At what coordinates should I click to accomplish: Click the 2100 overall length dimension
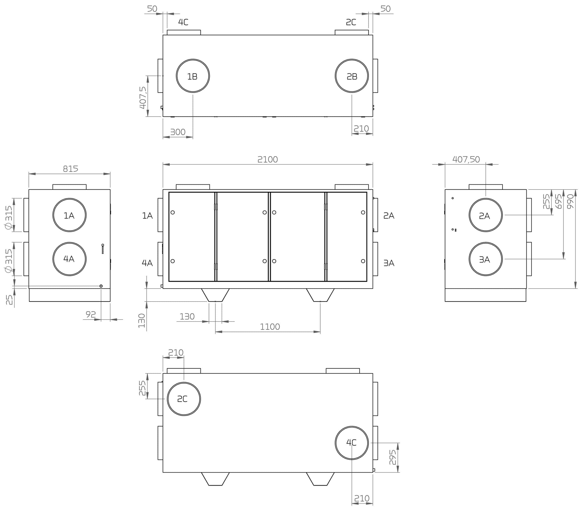coord(267,160)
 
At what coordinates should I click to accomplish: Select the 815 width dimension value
coord(70,169)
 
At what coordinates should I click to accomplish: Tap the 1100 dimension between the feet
coord(270,327)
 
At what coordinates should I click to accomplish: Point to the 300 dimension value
coord(178,132)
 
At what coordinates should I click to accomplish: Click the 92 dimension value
coord(91,314)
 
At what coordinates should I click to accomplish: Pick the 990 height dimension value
coord(571,201)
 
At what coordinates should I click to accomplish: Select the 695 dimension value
coord(559,201)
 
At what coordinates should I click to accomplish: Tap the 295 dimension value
coord(393,457)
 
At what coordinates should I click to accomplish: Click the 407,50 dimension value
coord(466,160)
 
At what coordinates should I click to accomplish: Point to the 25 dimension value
coord(9,300)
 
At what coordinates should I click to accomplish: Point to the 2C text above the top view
coord(351,22)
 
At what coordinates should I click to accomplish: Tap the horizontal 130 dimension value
coord(187,317)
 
